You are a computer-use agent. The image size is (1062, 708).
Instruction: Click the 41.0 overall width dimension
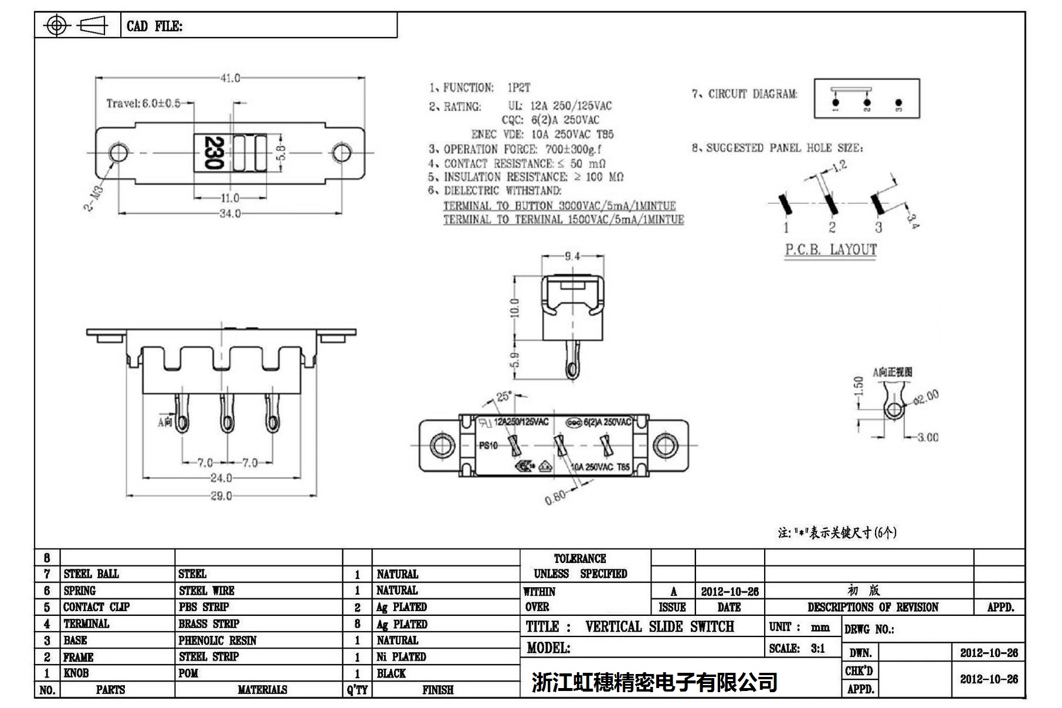tap(230, 78)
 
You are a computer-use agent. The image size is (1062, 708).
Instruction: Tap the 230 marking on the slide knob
tap(214, 153)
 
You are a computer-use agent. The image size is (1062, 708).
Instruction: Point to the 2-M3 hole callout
tap(95, 198)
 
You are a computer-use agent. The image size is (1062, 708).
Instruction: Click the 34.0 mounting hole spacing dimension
tap(230, 214)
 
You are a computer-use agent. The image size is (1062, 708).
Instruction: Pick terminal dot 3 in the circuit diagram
tap(899, 103)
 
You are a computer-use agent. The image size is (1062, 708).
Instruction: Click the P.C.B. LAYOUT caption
tap(830, 250)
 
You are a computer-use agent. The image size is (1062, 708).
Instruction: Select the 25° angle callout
tap(504, 397)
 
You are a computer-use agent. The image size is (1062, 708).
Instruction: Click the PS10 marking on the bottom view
tap(488, 445)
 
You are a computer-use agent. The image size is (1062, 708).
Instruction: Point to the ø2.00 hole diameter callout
tap(926, 397)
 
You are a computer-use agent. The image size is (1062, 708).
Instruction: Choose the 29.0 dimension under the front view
tap(221, 496)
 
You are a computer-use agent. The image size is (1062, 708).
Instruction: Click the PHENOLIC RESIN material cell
tap(218, 641)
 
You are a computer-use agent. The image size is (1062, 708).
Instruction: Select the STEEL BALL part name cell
tap(91, 574)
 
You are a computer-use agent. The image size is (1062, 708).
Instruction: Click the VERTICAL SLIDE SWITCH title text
tap(659, 626)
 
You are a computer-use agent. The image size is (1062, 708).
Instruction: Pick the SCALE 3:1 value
tap(817, 648)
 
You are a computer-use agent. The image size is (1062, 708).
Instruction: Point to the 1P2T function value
tap(519, 88)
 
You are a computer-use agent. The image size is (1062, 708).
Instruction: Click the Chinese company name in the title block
tap(654, 682)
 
